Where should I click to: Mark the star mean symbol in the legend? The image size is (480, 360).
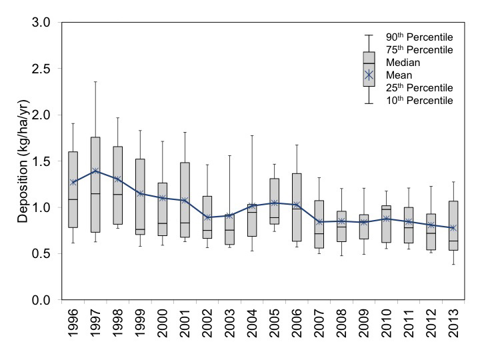pyautogui.click(x=369, y=75)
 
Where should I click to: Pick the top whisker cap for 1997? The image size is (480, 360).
pyautogui.click(x=95, y=81)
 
